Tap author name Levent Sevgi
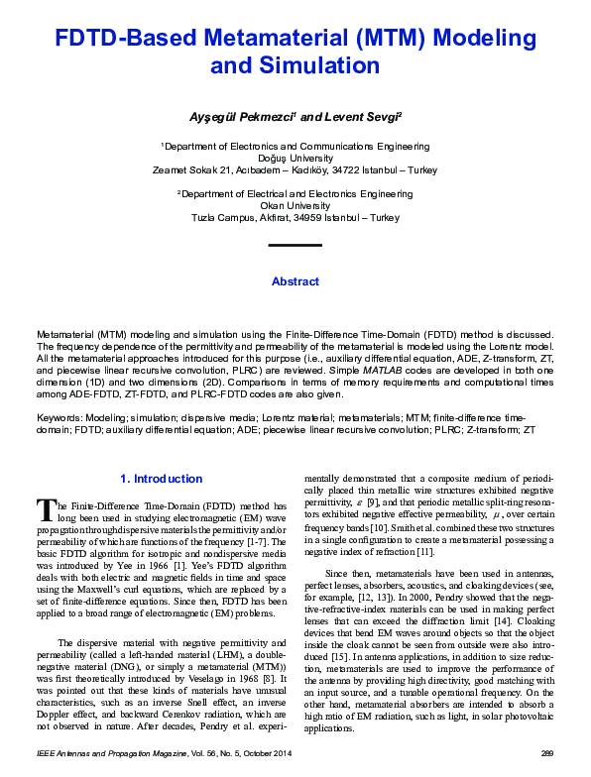tap(343, 117)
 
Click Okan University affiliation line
tap(295, 206)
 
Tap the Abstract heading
tap(295, 281)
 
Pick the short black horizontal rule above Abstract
tap(295, 244)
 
